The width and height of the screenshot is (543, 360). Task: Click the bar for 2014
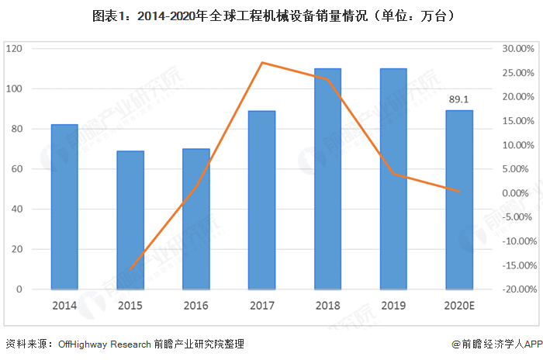(x=64, y=206)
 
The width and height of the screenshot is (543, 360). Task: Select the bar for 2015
(x=130, y=220)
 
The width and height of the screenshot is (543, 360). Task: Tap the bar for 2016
(x=196, y=219)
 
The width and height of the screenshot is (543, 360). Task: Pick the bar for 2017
(x=262, y=199)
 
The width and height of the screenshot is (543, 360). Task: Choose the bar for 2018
(x=327, y=178)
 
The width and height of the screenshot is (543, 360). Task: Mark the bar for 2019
(x=393, y=178)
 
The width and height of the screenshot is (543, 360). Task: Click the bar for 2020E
(x=459, y=199)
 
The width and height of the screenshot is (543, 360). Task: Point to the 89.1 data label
(x=459, y=99)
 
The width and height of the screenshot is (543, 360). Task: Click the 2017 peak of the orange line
(x=262, y=62)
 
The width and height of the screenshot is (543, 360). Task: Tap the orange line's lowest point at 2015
(x=130, y=269)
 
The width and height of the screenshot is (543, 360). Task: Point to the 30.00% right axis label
(x=517, y=48)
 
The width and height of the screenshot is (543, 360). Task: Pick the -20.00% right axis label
(x=515, y=289)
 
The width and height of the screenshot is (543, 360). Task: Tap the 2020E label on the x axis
(x=459, y=306)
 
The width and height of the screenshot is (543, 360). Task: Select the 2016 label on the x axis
(x=196, y=306)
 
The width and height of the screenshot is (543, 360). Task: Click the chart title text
(x=271, y=15)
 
